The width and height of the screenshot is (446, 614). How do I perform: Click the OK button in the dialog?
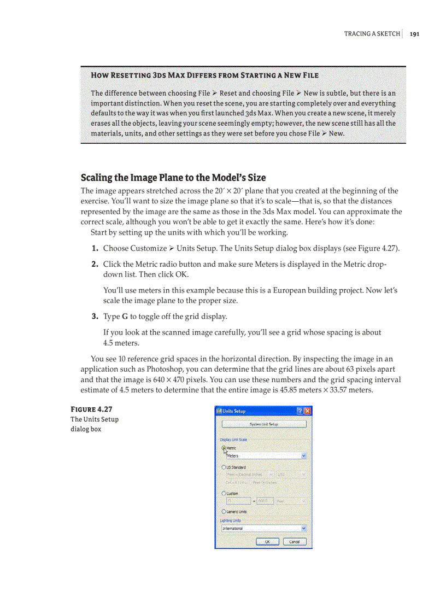coord(267,541)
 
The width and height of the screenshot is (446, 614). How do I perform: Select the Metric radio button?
coord(224,447)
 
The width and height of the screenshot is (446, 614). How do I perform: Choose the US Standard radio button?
coord(224,467)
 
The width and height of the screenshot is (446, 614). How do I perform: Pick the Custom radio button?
coord(224,493)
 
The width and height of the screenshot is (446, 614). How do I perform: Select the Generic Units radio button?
coord(224,512)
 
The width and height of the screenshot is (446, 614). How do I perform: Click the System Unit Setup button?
coord(263,424)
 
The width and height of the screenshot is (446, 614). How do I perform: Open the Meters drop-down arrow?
coord(304,455)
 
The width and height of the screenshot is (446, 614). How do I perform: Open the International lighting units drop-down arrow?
coord(304,529)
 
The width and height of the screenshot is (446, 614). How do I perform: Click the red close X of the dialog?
coord(307,411)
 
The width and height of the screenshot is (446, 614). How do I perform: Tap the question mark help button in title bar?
coord(300,411)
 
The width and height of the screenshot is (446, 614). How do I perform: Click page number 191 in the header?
coord(414,34)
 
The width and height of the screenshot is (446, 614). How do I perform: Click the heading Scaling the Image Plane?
coord(173,178)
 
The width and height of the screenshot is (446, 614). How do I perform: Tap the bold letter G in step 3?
coord(125,317)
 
